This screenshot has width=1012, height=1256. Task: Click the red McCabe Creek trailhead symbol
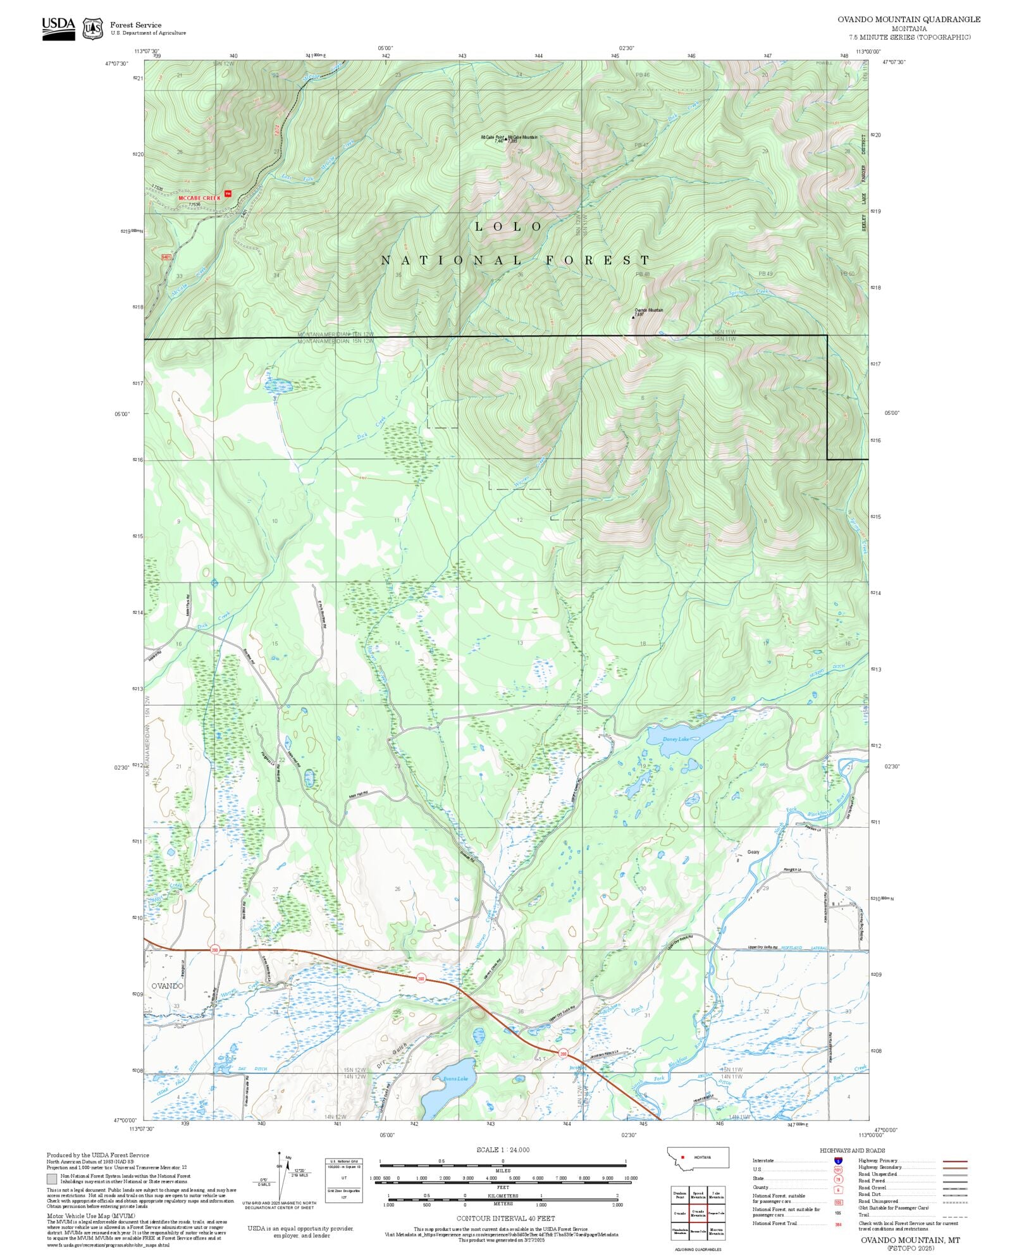coord(228,194)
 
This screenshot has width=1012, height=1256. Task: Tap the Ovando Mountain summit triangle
coord(633,317)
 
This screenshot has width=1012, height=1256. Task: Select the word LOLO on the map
coord(509,226)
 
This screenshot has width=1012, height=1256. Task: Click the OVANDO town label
coord(167,986)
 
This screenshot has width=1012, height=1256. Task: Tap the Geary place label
coord(753,852)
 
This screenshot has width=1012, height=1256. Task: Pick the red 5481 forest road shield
coord(166,257)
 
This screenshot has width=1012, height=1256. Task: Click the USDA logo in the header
coord(58,28)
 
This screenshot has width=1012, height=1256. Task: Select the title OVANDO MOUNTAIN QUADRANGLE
coord(909,20)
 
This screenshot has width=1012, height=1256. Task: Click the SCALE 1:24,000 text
coord(503,1150)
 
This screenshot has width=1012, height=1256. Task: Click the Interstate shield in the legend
coord(838,1161)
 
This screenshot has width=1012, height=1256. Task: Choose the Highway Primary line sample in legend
coord(954,1161)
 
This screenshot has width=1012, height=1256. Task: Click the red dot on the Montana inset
coord(683,1157)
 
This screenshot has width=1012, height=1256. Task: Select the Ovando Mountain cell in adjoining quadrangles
coord(698,1213)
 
